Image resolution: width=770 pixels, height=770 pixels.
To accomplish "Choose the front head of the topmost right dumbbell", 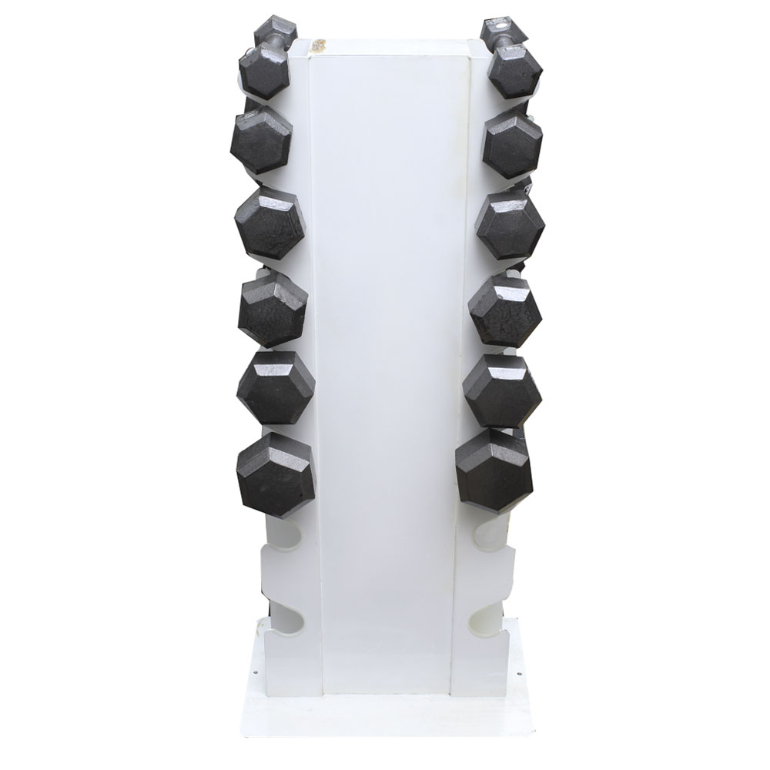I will point(514,69).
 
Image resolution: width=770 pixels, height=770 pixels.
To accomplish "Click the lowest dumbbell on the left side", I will point(275,474).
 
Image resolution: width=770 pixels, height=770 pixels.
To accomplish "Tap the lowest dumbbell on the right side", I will point(494,470).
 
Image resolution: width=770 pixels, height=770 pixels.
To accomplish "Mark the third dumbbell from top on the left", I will point(269,223).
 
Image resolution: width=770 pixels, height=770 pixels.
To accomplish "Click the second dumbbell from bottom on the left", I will point(276,387).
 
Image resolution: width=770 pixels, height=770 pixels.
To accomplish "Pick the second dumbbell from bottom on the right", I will point(502,390).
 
